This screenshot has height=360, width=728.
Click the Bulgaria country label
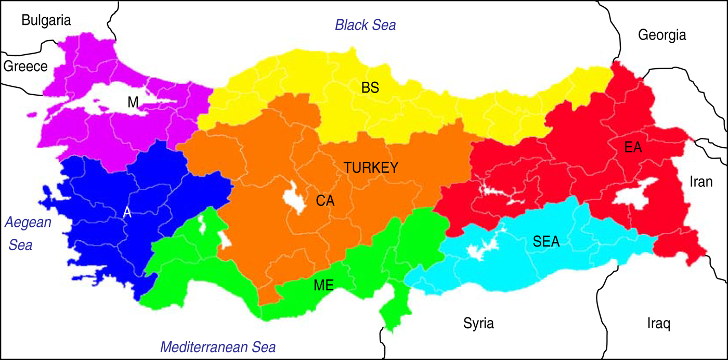click(46, 20)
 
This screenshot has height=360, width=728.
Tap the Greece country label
click(25, 66)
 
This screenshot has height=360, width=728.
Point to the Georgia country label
click(662, 35)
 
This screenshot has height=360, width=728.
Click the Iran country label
click(701, 182)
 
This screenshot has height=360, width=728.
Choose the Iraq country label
click(659, 324)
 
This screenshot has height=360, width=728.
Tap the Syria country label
click(478, 324)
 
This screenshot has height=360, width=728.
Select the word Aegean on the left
click(29, 223)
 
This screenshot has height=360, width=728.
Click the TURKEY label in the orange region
click(371, 168)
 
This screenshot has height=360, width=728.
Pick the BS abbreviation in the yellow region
click(370, 88)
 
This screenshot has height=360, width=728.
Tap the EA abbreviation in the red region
click(633, 148)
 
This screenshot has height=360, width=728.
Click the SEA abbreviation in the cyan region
click(546, 241)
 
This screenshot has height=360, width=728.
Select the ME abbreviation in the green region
click(324, 285)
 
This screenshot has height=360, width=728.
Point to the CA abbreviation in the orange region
click(325, 200)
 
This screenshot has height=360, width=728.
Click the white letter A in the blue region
click(127, 212)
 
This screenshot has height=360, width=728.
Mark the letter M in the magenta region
click(133, 103)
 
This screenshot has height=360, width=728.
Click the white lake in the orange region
click(294, 198)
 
